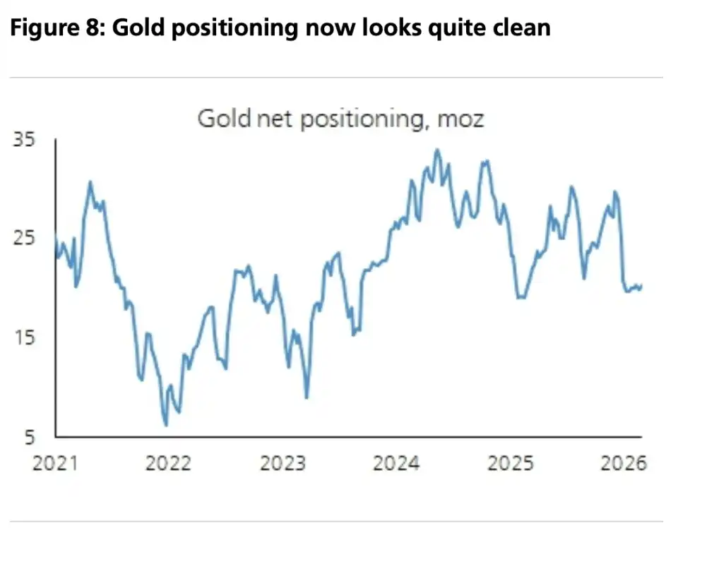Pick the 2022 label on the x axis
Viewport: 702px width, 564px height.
click(x=167, y=464)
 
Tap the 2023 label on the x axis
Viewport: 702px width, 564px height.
click(x=282, y=464)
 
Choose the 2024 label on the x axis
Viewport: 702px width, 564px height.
click(x=396, y=464)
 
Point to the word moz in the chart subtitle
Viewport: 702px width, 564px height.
click(x=460, y=118)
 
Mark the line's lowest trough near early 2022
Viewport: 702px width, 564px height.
click(x=166, y=425)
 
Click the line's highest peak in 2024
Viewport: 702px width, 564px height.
click(x=436, y=150)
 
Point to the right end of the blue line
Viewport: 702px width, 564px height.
click(x=641, y=285)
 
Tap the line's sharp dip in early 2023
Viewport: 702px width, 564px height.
click(x=307, y=397)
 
